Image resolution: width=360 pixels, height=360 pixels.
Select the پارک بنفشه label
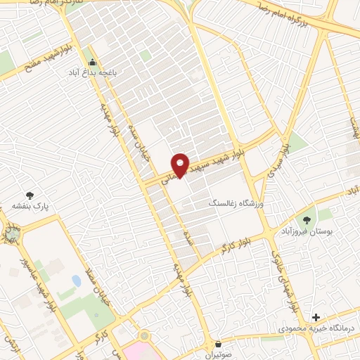tap(27, 206)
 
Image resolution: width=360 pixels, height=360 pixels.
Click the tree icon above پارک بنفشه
tap(30, 195)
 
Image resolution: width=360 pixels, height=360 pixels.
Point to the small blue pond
tap(76, 281)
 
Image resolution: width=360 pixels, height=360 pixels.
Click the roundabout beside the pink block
tap(145, 338)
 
